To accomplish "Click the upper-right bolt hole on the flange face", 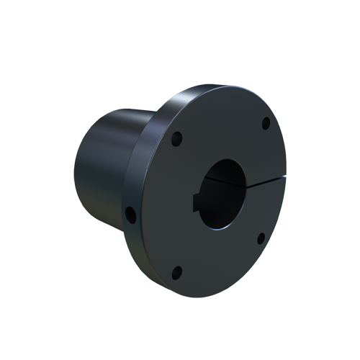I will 265,123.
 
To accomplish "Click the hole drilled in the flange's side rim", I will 130,214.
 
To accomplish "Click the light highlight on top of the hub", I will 115,115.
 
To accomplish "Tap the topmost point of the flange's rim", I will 216,86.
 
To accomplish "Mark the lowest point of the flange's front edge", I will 209,297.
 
